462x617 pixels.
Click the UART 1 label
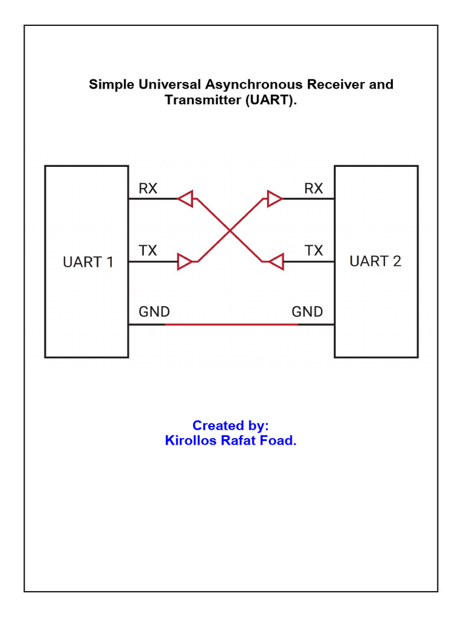point(88,262)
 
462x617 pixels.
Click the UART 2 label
point(375,262)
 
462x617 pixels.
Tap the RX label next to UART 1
point(148,189)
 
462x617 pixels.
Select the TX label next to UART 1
point(148,250)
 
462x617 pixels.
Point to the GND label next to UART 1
point(154,312)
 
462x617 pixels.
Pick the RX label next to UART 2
point(313,189)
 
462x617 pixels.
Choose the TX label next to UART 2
point(313,250)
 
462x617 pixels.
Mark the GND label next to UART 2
point(307,312)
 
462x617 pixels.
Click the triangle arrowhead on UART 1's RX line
point(185,198)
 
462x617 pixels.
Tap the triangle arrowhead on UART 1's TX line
point(185,262)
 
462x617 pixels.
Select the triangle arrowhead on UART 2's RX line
point(274,198)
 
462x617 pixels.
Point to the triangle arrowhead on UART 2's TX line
point(276,262)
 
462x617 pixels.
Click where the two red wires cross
point(230,230)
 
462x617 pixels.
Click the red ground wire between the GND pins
point(232,325)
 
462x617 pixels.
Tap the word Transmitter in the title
point(203,101)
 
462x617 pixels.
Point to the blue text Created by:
point(230,425)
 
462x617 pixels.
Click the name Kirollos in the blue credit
point(191,440)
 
